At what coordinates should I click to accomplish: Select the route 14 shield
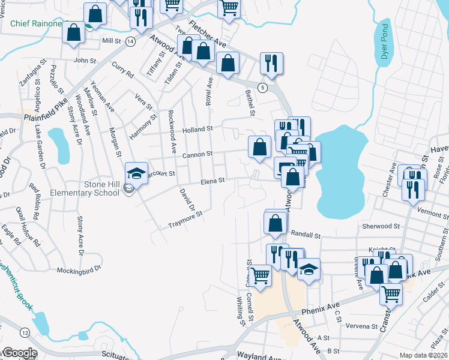(x=130, y=41)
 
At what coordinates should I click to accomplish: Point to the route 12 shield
(x=24, y=332)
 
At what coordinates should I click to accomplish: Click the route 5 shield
(x=262, y=88)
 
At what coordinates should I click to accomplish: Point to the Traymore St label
(x=184, y=218)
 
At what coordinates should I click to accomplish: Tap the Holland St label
(x=198, y=128)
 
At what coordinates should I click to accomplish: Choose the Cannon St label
(x=198, y=154)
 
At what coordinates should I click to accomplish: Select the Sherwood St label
(x=381, y=226)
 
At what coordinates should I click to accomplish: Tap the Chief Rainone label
(x=35, y=24)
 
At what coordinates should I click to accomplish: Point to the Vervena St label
(x=361, y=327)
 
